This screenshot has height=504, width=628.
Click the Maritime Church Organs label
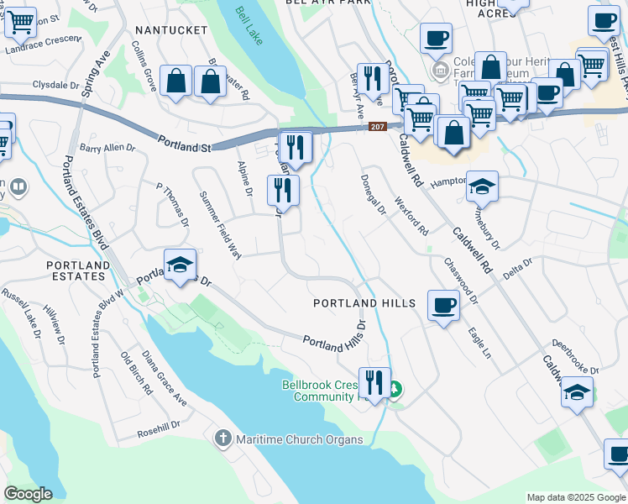click(x=300, y=439)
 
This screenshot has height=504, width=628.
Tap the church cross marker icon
click(x=223, y=438)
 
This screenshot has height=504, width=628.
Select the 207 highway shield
click(x=378, y=127)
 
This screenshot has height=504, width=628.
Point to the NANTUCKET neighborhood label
click(x=170, y=30)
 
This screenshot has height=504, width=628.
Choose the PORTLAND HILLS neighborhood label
click(x=364, y=303)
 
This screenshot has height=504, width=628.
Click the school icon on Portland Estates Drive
click(x=180, y=265)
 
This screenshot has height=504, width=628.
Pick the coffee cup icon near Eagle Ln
click(x=443, y=305)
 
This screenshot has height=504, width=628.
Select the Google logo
click(x=29, y=494)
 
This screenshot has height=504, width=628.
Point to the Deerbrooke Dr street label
click(x=574, y=357)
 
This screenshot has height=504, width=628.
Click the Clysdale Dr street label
click(x=55, y=86)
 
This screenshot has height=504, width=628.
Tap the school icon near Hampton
click(x=483, y=187)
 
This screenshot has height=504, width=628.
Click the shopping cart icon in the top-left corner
click(x=21, y=23)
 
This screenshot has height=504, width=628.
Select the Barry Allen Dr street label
click(x=107, y=148)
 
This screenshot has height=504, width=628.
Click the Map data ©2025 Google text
click(x=575, y=497)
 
